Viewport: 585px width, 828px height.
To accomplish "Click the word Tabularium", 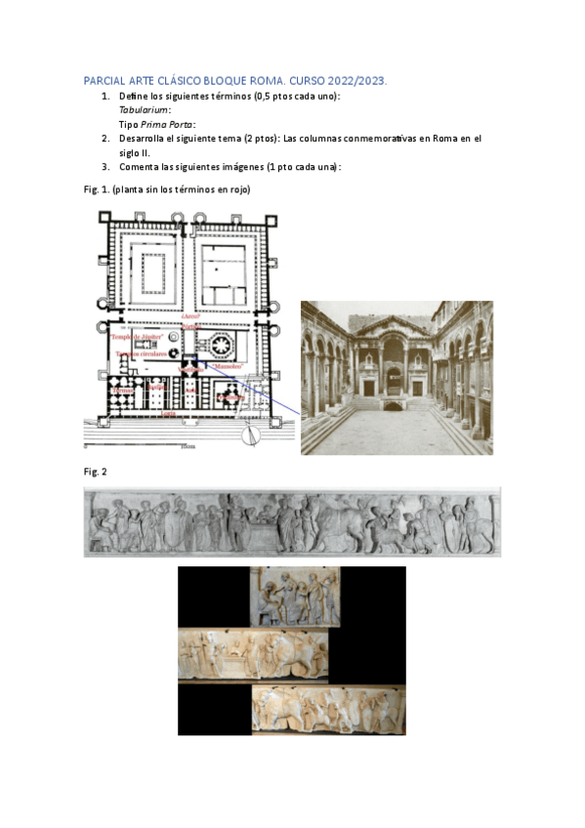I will pyautogui.click(x=140, y=110).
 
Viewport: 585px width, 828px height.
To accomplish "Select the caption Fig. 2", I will pyautogui.click(x=96, y=473).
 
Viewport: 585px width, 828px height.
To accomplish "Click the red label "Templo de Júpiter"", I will pyautogui.click(x=140, y=336).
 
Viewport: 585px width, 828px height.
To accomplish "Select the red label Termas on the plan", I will pyautogui.click(x=123, y=392).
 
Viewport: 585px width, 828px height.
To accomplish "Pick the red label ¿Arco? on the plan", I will pyautogui.click(x=190, y=320).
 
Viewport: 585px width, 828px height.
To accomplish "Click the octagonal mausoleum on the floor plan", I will pyautogui.click(x=219, y=345).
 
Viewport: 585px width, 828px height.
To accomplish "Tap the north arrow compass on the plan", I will pyautogui.click(x=252, y=435).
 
